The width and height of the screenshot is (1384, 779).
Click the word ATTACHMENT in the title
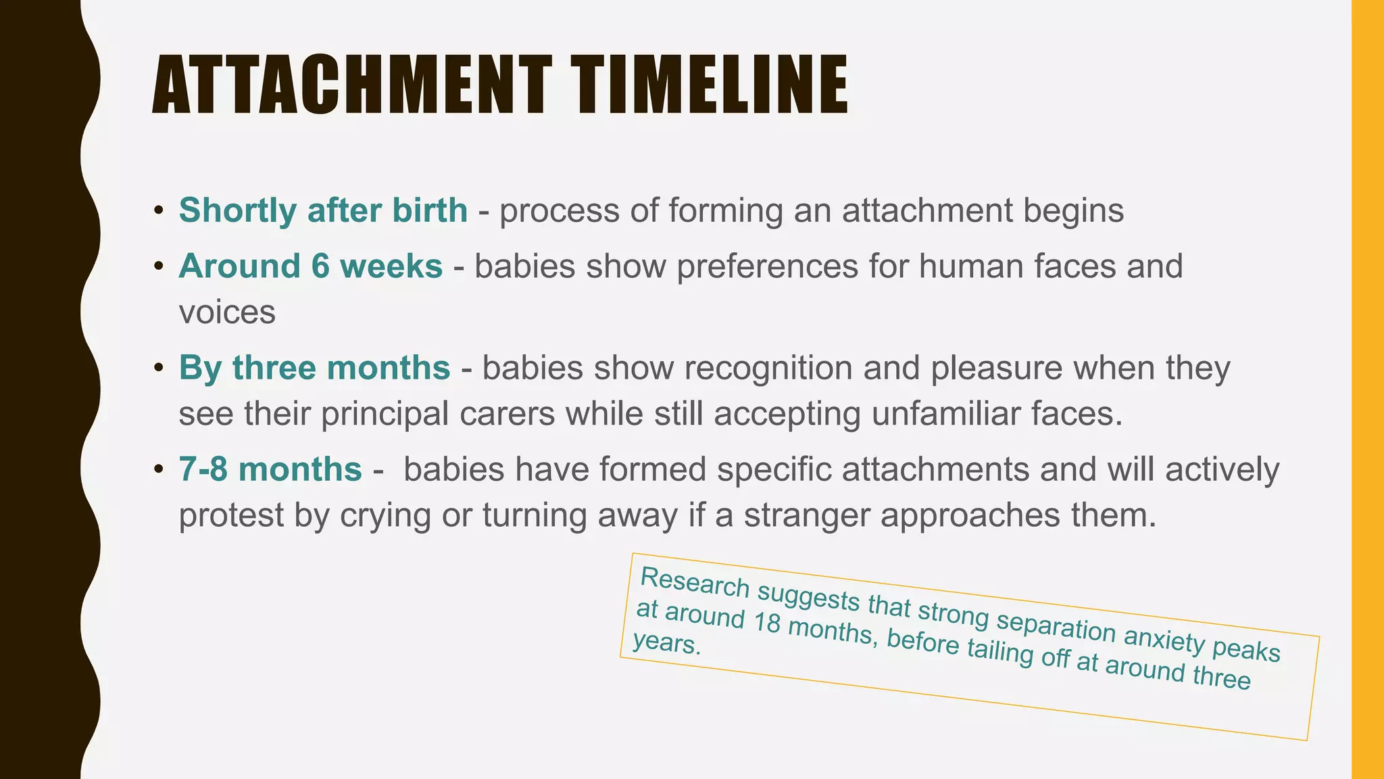tap(351, 86)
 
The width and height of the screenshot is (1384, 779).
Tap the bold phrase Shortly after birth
tap(323, 210)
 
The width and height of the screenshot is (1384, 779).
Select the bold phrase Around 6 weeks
tap(311, 266)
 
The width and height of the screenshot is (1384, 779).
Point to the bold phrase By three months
tap(314, 369)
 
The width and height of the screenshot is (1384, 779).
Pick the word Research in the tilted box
tap(695, 583)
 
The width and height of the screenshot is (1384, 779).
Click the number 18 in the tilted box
tap(766, 622)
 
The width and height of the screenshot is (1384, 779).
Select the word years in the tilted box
tap(666, 644)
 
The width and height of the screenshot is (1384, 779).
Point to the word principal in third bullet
tap(385, 415)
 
